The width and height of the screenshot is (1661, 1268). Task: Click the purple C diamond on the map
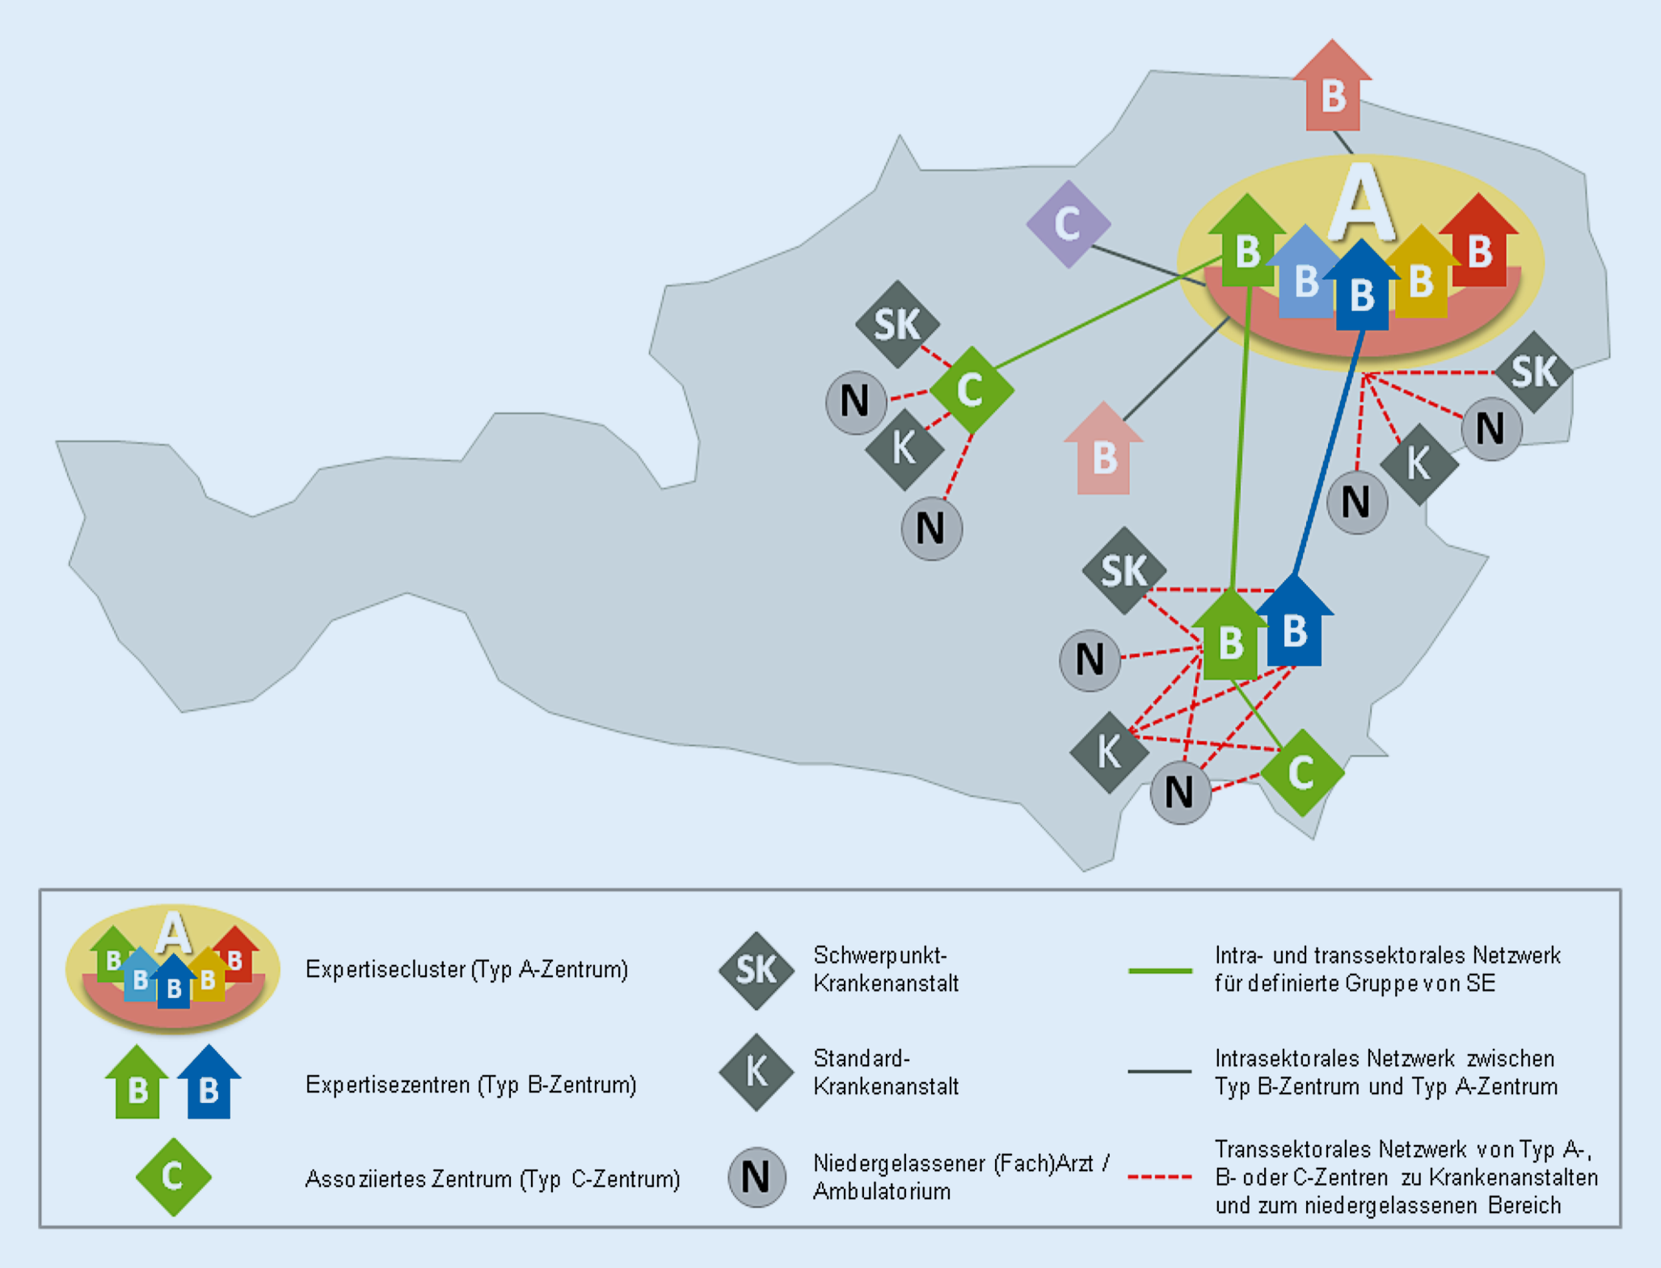pos(1068,224)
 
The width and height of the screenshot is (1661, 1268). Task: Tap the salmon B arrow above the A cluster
pos(1333,89)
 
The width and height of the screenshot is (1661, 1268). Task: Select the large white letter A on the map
pos(1362,202)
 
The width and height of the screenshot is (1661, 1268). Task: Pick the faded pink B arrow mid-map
pos(1103,453)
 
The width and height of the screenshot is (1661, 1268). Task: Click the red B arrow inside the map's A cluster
pos(1479,246)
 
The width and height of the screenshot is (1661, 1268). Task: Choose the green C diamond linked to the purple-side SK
pos(971,390)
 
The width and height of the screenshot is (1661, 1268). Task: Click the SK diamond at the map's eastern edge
pos(1532,372)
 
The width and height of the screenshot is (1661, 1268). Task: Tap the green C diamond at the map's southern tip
pos(1301,773)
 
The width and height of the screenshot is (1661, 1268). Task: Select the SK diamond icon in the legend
pos(756,970)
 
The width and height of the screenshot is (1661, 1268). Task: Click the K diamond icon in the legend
pos(756,1072)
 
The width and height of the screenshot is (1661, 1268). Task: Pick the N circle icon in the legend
pos(757,1177)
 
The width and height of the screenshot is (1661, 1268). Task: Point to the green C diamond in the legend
pos(173,1177)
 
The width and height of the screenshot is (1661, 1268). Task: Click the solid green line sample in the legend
pos(1160,970)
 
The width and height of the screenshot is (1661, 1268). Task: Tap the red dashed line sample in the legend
pos(1160,1177)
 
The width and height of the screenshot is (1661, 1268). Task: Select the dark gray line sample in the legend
pos(1160,1072)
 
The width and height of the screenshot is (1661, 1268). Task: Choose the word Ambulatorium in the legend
pos(882,1191)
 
